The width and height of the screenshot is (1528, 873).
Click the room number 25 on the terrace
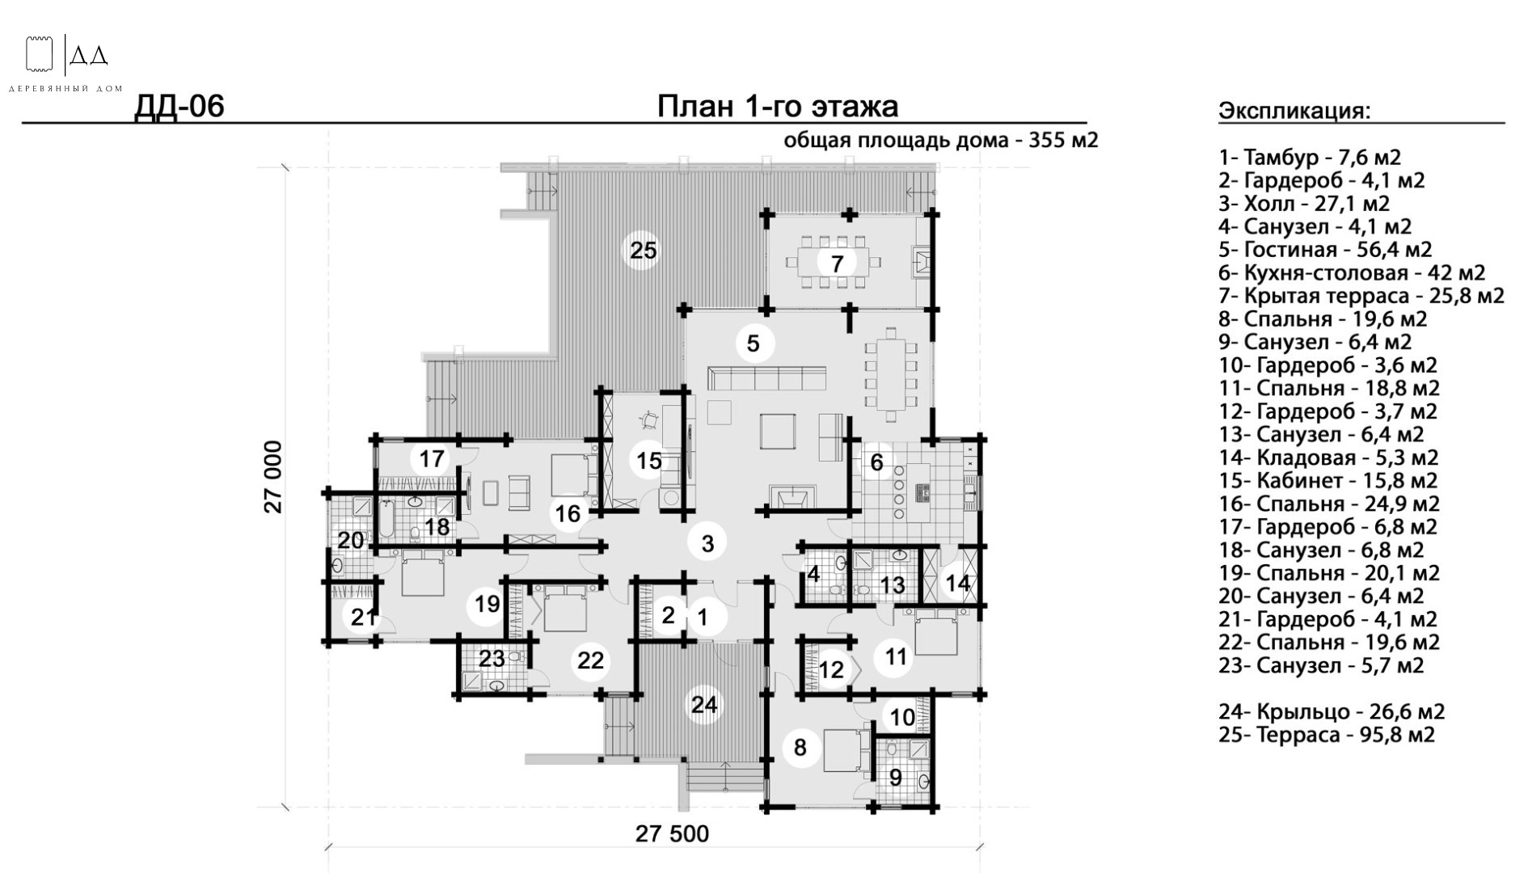tap(644, 251)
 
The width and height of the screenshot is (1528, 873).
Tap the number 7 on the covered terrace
tap(837, 263)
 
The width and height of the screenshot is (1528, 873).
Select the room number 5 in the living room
tap(753, 344)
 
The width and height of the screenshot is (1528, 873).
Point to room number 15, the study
tap(648, 461)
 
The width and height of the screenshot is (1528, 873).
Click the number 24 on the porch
tap(704, 705)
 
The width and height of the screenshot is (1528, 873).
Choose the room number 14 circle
tap(958, 583)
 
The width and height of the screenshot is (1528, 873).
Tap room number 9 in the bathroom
tap(896, 778)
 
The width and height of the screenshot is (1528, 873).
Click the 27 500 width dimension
tap(672, 833)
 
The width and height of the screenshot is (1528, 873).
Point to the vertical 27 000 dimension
tap(274, 477)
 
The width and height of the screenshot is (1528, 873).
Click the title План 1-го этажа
tap(777, 106)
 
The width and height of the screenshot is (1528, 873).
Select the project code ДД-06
tap(179, 106)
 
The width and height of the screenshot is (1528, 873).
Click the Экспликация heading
tap(1294, 111)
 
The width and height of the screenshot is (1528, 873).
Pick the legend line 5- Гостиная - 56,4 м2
tap(1325, 250)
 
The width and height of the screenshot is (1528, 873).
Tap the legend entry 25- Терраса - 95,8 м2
tap(1327, 735)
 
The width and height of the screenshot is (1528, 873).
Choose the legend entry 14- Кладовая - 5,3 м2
tap(1328, 458)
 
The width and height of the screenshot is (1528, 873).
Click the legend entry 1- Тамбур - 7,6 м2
tap(1310, 158)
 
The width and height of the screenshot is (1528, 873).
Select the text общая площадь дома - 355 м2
tap(941, 141)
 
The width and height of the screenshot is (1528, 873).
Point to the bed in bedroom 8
tap(846, 751)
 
